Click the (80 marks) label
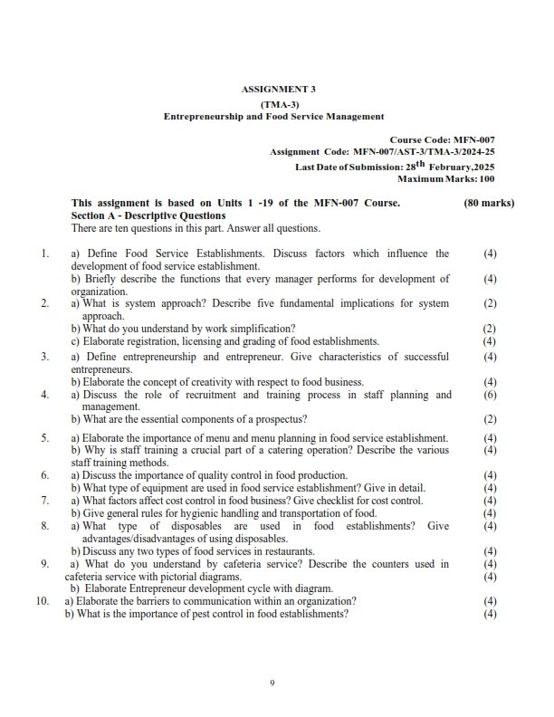489,204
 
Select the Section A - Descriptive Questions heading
148,216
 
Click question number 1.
44,254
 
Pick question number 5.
44,438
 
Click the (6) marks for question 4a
490,395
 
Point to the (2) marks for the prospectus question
490,419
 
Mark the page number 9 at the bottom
272,683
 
